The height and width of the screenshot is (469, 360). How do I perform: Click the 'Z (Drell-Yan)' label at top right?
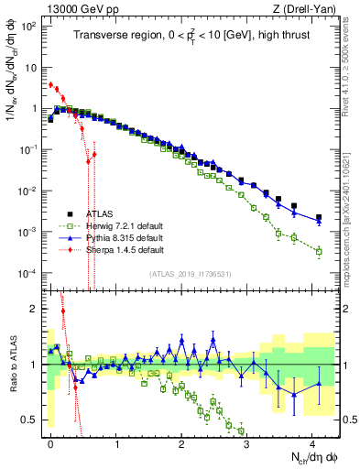[307, 8]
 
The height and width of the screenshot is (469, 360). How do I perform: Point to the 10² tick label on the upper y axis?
[30, 26]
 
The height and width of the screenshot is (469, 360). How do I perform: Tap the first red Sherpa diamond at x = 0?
[50, 84]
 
